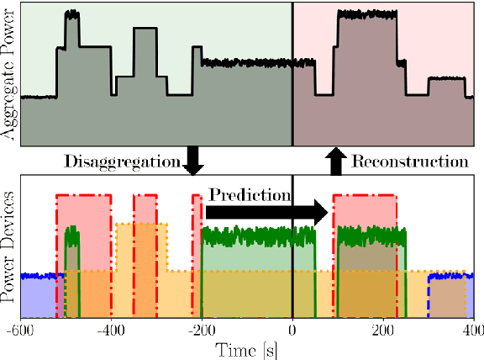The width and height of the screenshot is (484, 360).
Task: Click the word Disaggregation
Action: [x=122, y=160]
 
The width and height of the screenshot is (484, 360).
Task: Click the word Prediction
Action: [x=250, y=194]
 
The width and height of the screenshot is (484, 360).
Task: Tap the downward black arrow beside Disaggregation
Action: [x=193, y=160]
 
